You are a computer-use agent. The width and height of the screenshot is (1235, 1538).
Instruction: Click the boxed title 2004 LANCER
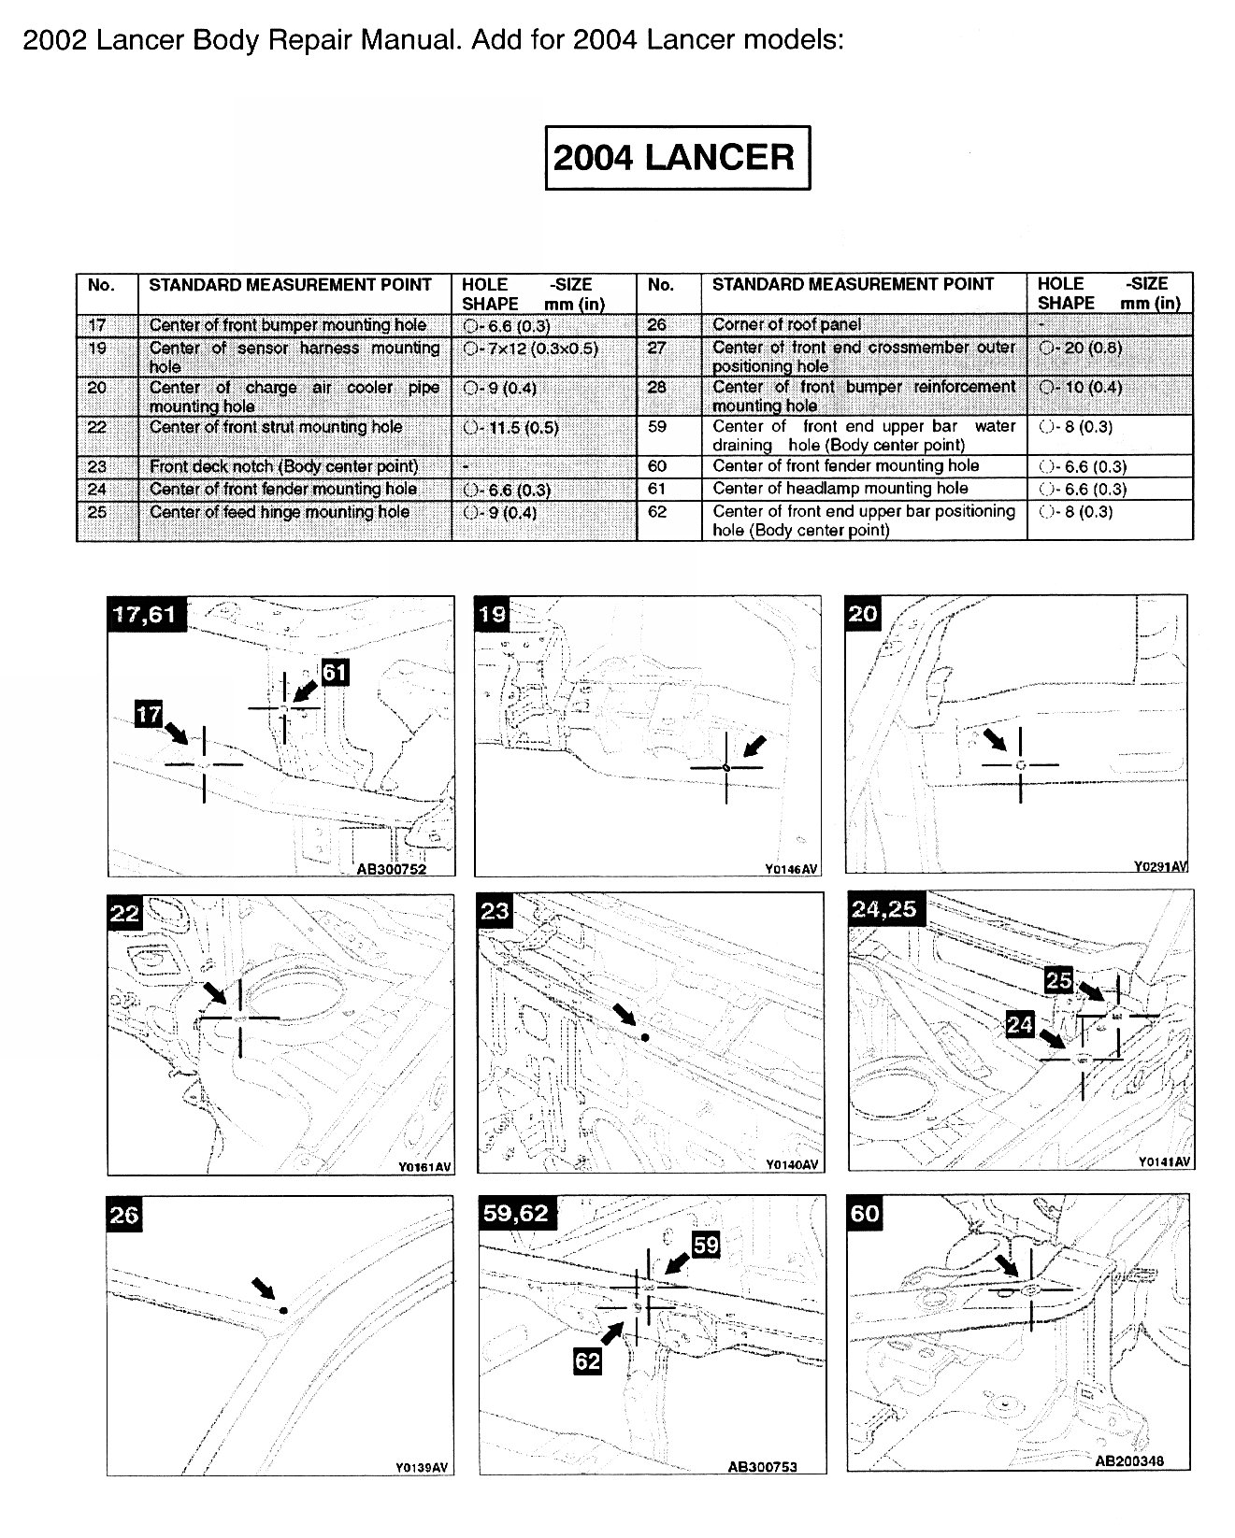[x=677, y=158]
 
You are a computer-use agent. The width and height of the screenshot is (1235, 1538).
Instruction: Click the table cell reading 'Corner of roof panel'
[x=786, y=325]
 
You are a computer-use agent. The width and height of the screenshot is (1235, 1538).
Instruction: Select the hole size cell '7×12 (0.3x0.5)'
[x=530, y=349]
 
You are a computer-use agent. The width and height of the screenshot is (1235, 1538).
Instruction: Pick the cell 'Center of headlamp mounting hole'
[x=840, y=489]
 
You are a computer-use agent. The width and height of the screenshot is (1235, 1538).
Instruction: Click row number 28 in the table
[x=657, y=387]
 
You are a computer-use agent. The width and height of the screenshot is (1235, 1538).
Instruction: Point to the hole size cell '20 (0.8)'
[x=1080, y=348]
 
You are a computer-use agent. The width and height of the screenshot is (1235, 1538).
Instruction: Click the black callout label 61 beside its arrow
[x=335, y=673]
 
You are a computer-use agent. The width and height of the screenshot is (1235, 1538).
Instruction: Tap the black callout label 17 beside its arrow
[x=150, y=715]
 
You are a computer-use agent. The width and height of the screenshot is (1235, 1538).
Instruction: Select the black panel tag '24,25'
[x=883, y=908]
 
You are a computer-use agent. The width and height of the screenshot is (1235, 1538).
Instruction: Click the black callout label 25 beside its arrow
[x=1057, y=979]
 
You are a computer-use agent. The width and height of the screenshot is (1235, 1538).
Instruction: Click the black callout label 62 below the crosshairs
[x=587, y=1361]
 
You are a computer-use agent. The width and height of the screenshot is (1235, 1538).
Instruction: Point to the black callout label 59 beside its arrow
[x=706, y=1246]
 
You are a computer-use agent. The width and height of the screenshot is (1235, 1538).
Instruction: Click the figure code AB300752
[x=392, y=869]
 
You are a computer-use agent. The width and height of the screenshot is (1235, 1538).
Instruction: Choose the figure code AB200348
[x=1129, y=1462]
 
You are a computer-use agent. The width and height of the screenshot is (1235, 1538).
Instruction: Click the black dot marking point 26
[x=283, y=1311]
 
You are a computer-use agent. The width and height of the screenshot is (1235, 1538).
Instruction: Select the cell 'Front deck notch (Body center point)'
[x=283, y=466]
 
